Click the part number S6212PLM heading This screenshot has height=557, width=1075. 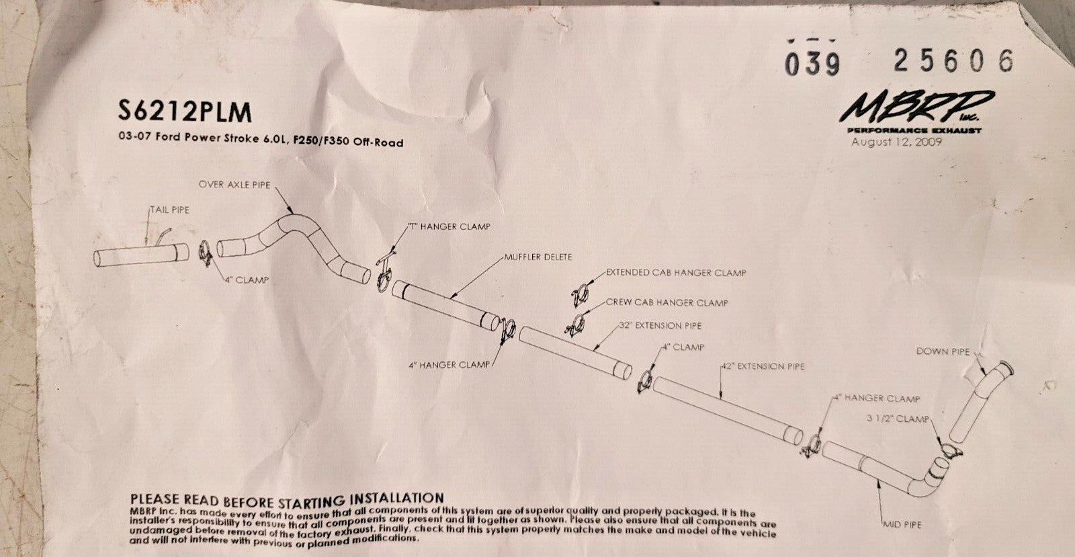point(185,112)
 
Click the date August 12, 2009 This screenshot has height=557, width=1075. point(896,142)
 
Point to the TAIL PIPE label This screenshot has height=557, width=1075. point(170,210)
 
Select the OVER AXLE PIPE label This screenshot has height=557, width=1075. point(234,185)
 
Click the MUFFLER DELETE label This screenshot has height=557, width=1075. point(538,257)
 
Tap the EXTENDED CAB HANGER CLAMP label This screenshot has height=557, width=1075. point(676,273)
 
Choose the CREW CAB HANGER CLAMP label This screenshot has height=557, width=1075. point(666,302)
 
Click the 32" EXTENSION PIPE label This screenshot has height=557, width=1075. point(660,325)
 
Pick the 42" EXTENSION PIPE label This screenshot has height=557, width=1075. point(763,366)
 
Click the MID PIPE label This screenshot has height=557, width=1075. point(902,525)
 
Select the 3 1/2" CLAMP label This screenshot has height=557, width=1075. point(898,419)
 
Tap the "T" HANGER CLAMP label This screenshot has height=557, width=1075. point(449,226)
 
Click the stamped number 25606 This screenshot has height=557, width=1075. point(953,60)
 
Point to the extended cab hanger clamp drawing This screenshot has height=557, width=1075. point(580,295)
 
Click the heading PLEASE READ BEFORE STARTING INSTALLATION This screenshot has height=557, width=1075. point(287,500)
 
